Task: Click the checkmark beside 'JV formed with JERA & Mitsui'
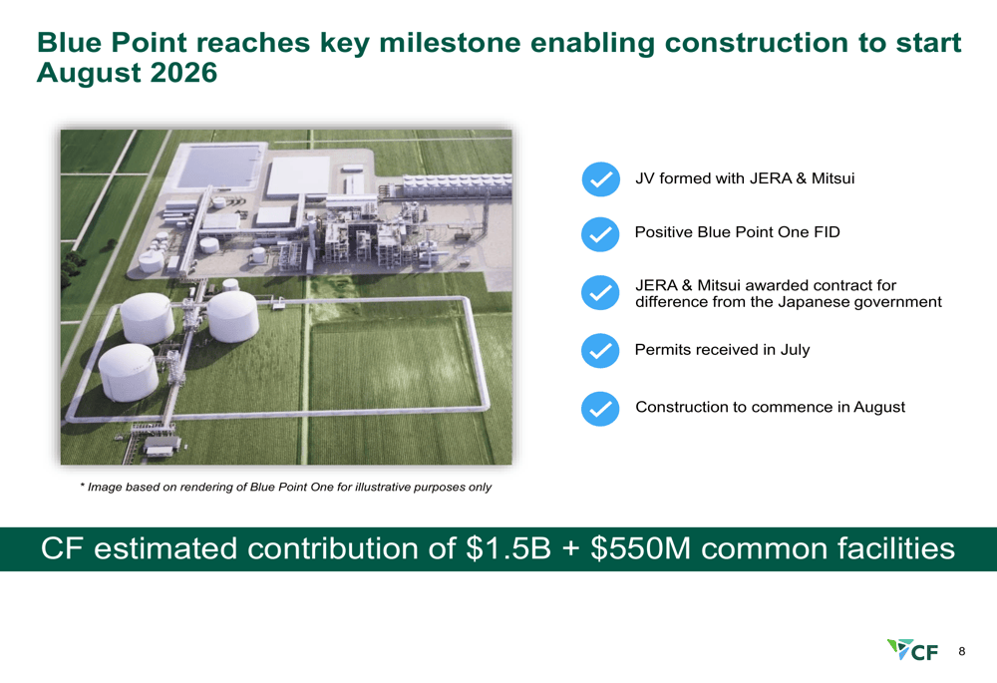[x=601, y=179]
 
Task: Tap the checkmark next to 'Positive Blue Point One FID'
[x=600, y=234]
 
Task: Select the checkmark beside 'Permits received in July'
[x=600, y=350]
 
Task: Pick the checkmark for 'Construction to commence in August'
[x=600, y=408]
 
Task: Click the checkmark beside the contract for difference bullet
[x=600, y=292]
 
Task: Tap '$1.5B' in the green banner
[x=508, y=548]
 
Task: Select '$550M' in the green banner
[x=640, y=548]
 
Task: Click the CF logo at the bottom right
[x=912, y=650]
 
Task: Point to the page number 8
[x=962, y=651]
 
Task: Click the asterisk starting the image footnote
[x=83, y=486]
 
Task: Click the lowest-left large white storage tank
[x=128, y=373]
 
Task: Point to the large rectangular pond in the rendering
[x=218, y=166]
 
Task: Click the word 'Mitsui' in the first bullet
[x=832, y=178]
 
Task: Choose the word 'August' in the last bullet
[x=879, y=407]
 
